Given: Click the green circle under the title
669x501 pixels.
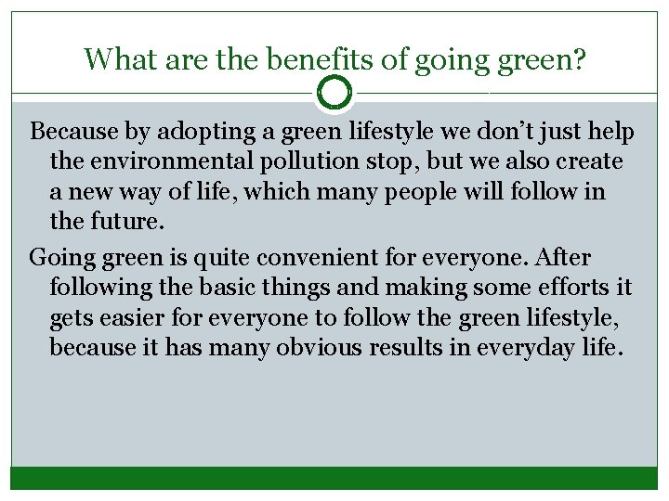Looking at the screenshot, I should pos(334,92).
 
